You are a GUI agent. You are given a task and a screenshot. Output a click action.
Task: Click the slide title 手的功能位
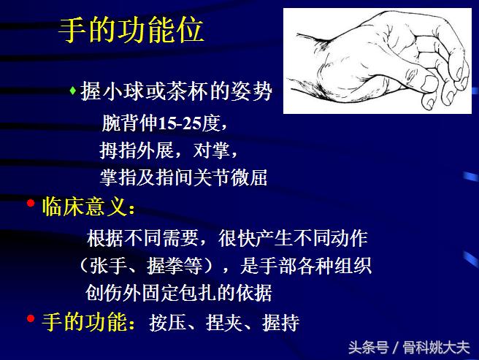pyautogui.click(x=131, y=31)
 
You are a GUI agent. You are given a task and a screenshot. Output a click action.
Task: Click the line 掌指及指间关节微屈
pyautogui.click(x=183, y=177)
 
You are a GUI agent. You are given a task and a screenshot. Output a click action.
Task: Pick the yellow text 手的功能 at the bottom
pyautogui.click(x=83, y=322)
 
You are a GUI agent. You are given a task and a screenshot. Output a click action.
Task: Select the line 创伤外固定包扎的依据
pyautogui.click(x=179, y=293)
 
